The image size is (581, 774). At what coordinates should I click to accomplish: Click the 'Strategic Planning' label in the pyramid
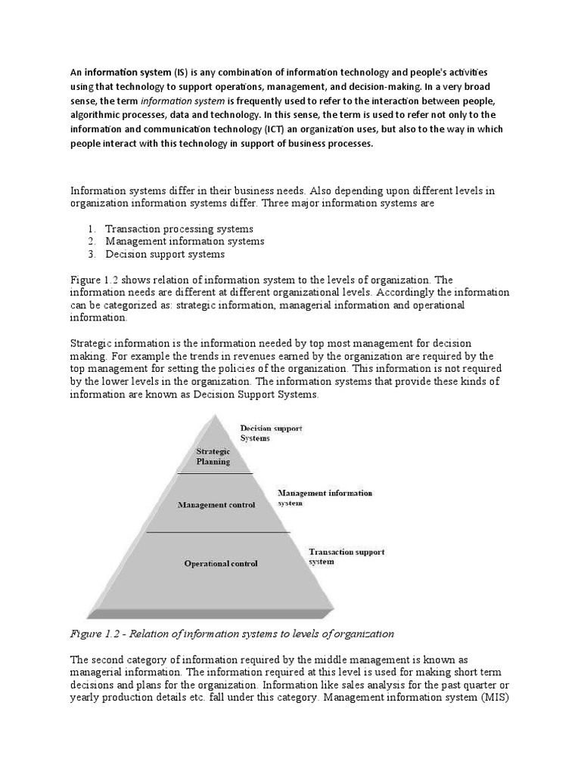pyautogui.click(x=213, y=456)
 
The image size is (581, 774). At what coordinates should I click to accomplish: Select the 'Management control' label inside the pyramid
pyautogui.click(x=216, y=504)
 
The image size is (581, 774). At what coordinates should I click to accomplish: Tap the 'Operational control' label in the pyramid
pyautogui.click(x=221, y=563)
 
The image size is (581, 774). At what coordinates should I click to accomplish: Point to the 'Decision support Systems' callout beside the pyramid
pyautogui.click(x=271, y=433)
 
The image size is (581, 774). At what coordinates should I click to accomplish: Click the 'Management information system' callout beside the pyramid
pyautogui.click(x=325, y=497)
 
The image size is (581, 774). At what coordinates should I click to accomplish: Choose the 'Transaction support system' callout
pyautogui.click(x=346, y=556)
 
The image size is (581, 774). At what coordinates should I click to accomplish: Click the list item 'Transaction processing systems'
pyautogui.click(x=179, y=228)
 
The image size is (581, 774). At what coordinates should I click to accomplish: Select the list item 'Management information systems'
pyautogui.click(x=185, y=241)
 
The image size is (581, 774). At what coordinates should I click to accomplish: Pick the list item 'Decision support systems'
pyautogui.click(x=165, y=254)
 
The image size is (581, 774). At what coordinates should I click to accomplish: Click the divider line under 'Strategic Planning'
pyautogui.click(x=214, y=473)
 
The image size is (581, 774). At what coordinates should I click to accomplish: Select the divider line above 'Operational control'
pyautogui.click(x=218, y=532)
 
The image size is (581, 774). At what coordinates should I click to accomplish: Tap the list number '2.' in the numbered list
pyautogui.click(x=91, y=241)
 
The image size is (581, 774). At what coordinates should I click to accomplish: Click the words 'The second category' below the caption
pyautogui.click(x=121, y=659)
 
